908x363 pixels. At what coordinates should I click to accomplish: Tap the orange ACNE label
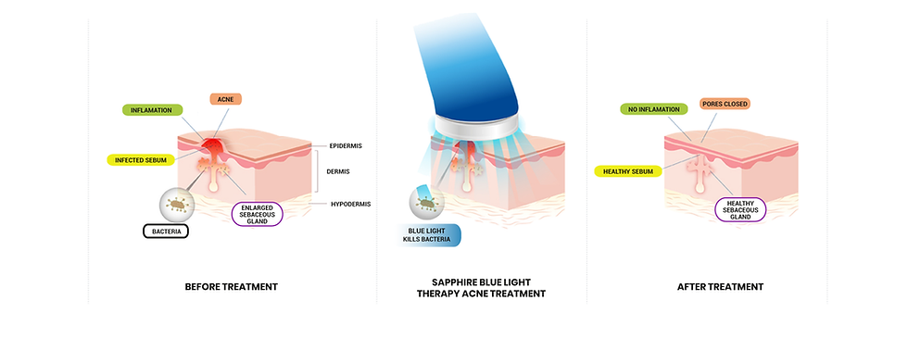[224, 99]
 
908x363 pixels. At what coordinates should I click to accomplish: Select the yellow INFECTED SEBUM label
[140, 159]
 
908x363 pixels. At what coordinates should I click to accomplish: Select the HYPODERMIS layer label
[351, 204]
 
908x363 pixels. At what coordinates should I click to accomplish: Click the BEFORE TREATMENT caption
[233, 287]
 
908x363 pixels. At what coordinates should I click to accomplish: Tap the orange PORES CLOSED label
[725, 104]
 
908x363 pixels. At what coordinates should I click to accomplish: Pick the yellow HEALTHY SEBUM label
[627, 170]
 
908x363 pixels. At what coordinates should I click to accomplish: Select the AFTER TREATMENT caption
[720, 287]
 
